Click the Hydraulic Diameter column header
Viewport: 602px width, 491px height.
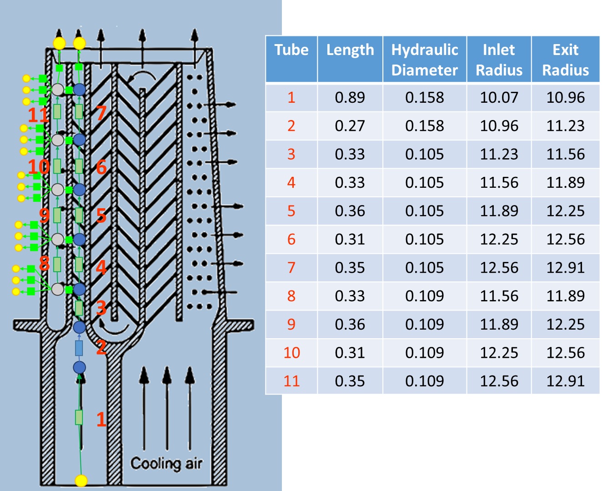[424, 60]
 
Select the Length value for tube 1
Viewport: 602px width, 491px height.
[350, 97]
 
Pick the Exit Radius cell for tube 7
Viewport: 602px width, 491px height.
[565, 267]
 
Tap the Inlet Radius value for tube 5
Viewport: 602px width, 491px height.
[499, 211]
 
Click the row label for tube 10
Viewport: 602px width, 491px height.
[291, 352]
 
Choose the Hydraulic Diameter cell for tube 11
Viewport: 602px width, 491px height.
[424, 381]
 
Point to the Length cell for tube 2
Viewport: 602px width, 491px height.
[350, 126]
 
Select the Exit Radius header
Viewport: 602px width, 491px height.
[565, 60]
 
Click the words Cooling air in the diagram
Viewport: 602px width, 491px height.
[166, 463]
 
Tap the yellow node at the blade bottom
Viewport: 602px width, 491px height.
[81, 480]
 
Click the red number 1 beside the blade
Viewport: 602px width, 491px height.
[101, 419]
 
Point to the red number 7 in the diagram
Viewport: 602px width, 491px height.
[101, 113]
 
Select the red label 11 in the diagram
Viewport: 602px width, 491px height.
[38, 115]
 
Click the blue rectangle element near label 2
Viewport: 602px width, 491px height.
[79, 348]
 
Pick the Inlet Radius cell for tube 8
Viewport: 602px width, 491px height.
[499, 296]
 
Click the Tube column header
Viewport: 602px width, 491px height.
[291, 50]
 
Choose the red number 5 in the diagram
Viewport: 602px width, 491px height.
[101, 216]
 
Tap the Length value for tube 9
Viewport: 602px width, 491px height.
[350, 324]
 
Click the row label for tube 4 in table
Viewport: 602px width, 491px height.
[291, 183]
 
